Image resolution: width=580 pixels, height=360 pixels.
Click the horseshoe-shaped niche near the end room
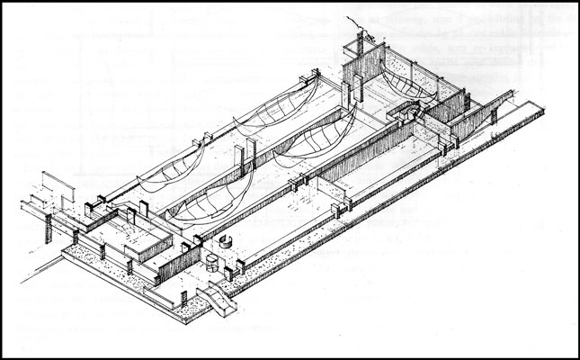404,112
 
